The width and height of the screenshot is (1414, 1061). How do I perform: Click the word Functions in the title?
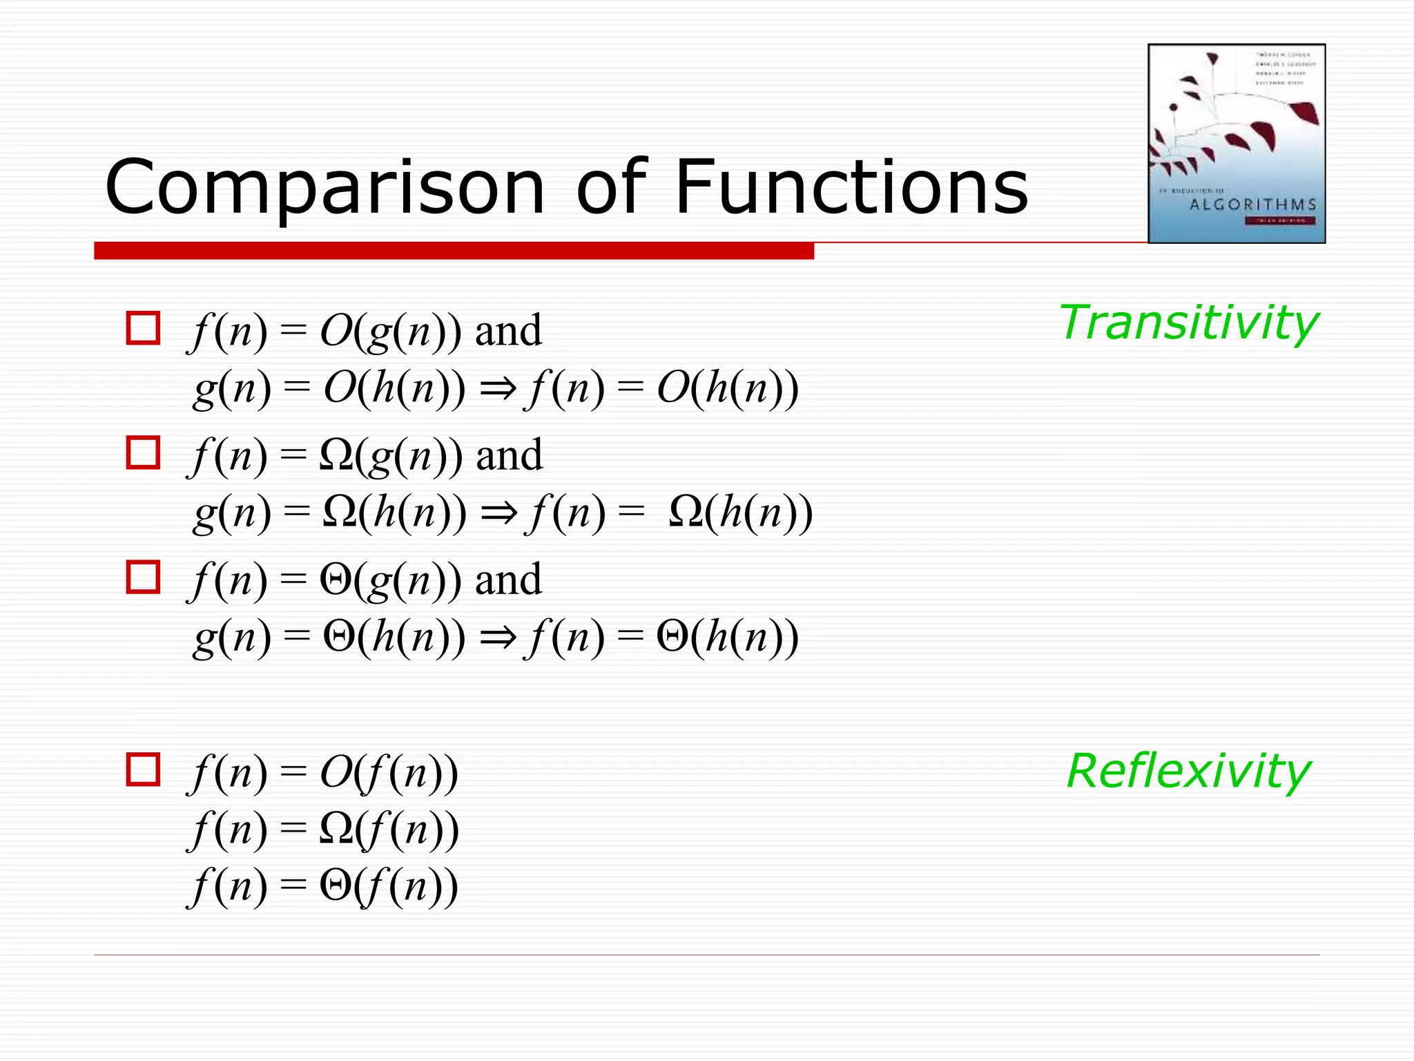click(851, 187)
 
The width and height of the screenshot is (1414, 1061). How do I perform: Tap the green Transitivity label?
click(1188, 323)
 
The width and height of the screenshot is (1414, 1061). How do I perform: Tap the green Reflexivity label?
click(1188, 771)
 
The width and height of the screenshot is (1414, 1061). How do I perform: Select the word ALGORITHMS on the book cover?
click(1252, 204)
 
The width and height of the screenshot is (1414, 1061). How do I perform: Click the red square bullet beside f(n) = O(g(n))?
click(143, 328)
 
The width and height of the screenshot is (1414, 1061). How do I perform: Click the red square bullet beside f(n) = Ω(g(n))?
click(143, 452)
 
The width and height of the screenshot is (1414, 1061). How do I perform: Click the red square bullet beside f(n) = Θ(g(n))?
click(143, 577)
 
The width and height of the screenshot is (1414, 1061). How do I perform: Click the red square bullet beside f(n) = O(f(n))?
click(143, 770)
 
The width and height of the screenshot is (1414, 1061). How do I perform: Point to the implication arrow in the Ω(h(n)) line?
click(499, 513)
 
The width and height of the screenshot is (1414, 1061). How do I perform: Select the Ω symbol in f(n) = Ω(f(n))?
click(336, 829)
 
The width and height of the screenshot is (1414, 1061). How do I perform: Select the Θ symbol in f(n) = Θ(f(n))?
click(336, 886)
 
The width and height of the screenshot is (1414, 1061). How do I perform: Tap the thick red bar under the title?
click(454, 251)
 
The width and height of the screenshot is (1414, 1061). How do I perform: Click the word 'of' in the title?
click(612, 187)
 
